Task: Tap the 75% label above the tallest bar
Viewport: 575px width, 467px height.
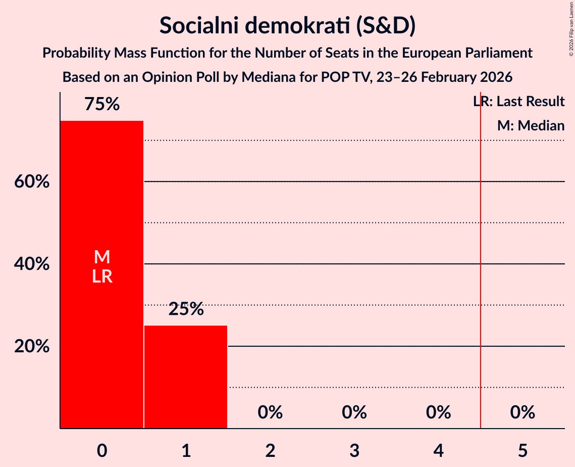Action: (x=101, y=105)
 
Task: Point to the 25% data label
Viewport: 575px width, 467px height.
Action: (x=186, y=309)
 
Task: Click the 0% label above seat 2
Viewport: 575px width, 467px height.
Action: (x=270, y=412)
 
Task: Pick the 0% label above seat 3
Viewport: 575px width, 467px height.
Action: (x=354, y=412)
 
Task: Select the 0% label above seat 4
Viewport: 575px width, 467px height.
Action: (x=438, y=412)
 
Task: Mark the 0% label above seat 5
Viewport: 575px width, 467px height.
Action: (x=522, y=412)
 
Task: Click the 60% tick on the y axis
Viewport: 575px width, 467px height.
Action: (x=32, y=181)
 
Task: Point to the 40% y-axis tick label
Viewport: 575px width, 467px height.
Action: (x=32, y=264)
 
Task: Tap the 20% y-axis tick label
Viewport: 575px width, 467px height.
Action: (x=32, y=347)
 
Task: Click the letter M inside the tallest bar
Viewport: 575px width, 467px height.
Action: (x=101, y=257)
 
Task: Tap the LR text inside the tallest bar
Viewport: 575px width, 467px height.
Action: (x=101, y=276)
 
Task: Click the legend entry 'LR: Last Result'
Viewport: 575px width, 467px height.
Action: (x=518, y=102)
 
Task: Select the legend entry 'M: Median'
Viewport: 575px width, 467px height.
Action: (x=530, y=125)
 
